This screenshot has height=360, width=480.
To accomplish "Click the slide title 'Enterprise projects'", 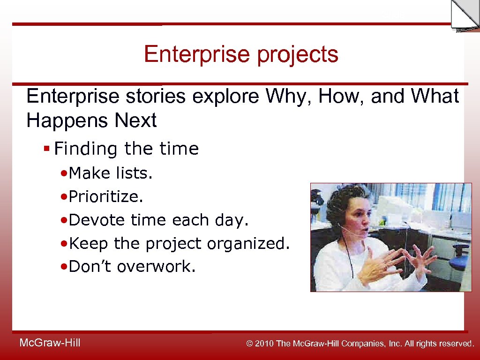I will point(241,54).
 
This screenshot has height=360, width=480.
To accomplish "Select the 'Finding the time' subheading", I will point(126,149).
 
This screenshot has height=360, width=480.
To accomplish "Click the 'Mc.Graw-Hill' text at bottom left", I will point(50,343).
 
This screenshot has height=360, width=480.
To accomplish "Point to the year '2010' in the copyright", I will point(265,344).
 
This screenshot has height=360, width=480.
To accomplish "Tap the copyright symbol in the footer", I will point(250,344).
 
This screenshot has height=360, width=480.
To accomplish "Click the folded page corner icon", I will point(465,15).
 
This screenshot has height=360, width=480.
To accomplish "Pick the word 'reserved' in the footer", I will point(455,344).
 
